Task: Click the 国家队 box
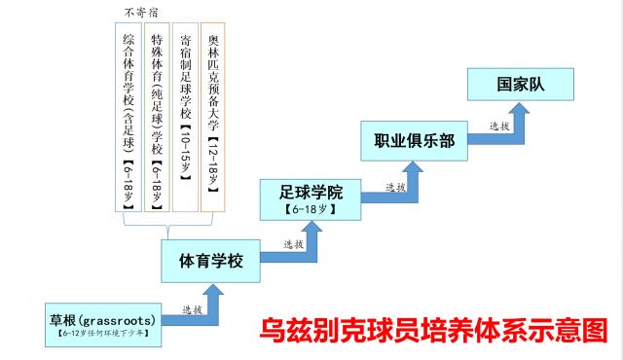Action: (520, 84)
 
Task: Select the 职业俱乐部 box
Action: (413, 140)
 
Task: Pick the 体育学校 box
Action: (211, 260)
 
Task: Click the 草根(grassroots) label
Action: (102, 318)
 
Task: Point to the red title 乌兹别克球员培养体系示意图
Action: (433, 328)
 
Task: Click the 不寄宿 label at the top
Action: (141, 13)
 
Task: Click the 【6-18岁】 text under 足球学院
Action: (310, 208)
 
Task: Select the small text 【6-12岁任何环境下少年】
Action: (102, 334)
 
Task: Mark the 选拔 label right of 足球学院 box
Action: (395, 188)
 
